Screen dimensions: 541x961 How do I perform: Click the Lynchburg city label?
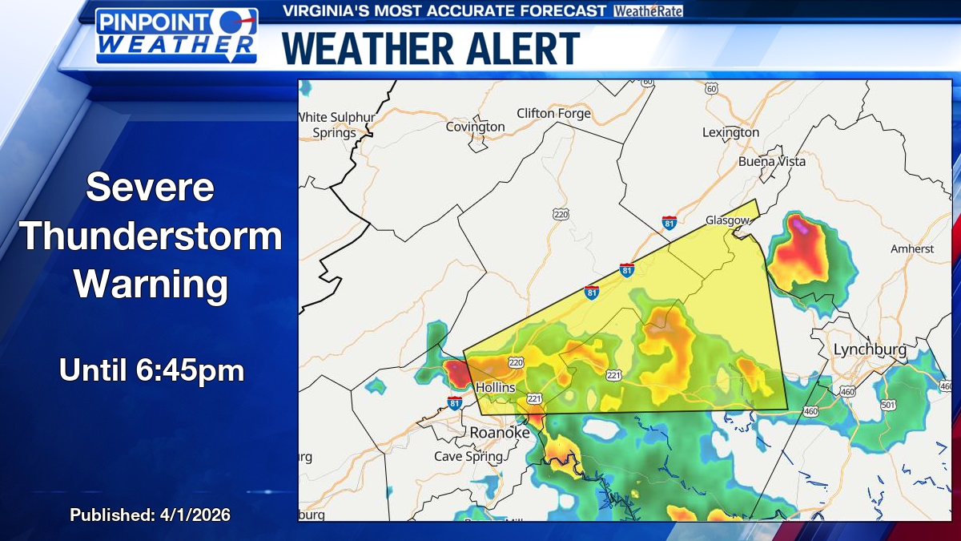pyautogui.click(x=870, y=349)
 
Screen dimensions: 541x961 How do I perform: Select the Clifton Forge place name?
pyautogui.click(x=553, y=113)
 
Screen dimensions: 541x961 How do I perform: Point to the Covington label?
pyautogui.click(x=475, y=127)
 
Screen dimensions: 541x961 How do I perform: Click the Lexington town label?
pyautogui.click(x=730, y=132)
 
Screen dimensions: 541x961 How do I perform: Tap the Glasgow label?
pyautogui.click(x=727, y=220)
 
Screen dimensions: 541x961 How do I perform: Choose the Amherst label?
pyautogui.click(x=912, y=248)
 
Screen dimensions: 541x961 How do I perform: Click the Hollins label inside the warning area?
pyautogui.click(x=496, y=387)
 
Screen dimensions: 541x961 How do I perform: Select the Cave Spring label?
pyautogui.click(x=468, y=456)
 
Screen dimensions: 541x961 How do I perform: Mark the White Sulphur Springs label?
pyautogui.click(x=336, y=125)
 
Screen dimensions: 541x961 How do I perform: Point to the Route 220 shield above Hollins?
pyautogui.click(x=516, y=363)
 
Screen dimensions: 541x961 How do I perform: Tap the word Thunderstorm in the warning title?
pyautogui.click(x=151, y=237)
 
